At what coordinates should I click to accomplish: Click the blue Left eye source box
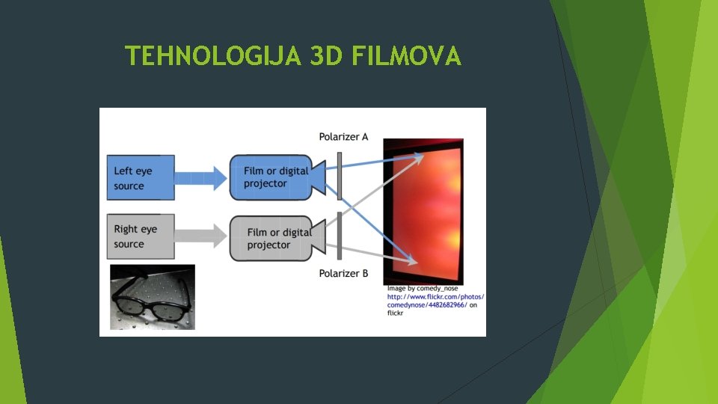[141, 177]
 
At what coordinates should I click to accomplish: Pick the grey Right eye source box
[141, 236]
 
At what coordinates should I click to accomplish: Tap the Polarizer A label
[343, 137]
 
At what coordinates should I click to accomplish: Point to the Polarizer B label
[343, 274]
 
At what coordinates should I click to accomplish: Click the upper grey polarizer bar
[340, 177]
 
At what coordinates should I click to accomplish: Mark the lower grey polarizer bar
[340, 235]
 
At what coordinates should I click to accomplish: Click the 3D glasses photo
[152, 297]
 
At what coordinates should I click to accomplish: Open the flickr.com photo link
[435, 301]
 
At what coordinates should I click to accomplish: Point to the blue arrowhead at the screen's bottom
[411, 260]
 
